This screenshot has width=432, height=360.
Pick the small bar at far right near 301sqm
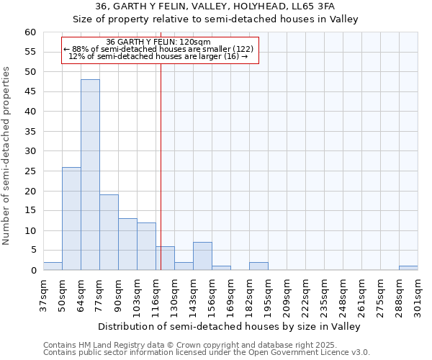coord(408,268)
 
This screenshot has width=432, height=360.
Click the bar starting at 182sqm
coord(258,266)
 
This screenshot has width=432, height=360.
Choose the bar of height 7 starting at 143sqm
coord(202,256)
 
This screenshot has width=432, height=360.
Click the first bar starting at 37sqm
coord(53,266)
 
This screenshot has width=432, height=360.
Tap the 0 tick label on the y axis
coord(32,271)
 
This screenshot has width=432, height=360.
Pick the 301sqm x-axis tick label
coord(418,294)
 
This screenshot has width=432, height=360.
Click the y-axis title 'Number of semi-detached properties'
coord(7,156)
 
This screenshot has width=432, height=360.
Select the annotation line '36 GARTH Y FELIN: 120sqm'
coord(158,42)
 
